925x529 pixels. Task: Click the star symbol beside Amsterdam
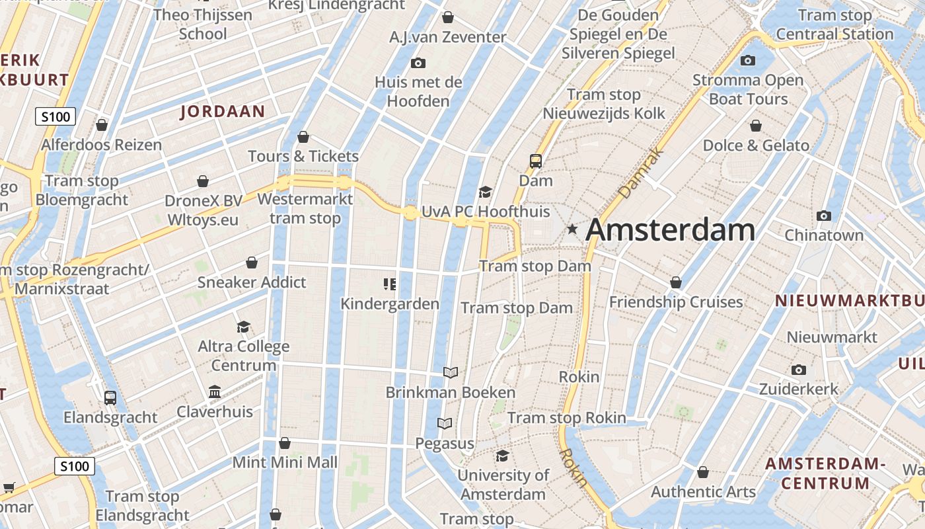click(572, 229)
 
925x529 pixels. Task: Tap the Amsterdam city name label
click(670, 230)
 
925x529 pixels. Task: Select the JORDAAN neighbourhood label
click(223, 112)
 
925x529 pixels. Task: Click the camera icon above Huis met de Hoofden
click(418, 63)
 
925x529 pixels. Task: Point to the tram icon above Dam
click(535, 161)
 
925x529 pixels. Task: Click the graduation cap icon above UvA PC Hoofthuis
click(486, 192)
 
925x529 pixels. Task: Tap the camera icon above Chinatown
click(823, 216)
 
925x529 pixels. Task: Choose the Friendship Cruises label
click(676, 302)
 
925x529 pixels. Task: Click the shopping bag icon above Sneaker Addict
click(252, 263)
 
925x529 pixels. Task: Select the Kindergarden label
click(390, 304)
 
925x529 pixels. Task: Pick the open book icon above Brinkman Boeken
click(451, 373)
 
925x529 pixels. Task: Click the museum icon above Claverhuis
click(215, 392)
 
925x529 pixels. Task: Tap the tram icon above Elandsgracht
click(110, 397)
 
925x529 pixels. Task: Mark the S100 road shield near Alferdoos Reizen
click(55, 118)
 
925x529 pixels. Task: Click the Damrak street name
click(632, 174)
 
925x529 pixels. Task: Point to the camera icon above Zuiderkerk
click(798, 370)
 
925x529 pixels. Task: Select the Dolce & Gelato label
click(756, 145)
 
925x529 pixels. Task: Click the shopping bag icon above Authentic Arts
click(703, 472)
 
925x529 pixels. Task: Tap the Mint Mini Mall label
click(285, 463)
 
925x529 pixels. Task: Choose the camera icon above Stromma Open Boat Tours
click(748, 61)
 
